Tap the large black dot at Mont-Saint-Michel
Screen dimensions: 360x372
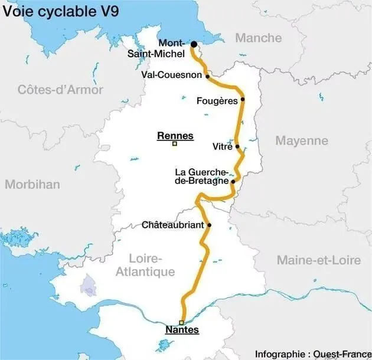(193, 44)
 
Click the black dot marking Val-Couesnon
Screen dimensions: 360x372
(207, 76)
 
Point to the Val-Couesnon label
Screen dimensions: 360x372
(172, 76)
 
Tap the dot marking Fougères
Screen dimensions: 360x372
(243, 100)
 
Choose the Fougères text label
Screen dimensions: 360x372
(217, 100)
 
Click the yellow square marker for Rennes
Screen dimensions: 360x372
(175, 143)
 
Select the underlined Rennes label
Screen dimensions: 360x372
(175, 136)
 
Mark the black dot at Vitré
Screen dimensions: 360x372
(237, 146)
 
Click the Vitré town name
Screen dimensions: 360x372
(222, 146)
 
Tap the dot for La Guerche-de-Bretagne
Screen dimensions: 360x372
(233, 181)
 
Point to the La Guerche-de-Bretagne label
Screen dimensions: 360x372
(201, 176)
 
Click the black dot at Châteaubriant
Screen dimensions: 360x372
(209, 225)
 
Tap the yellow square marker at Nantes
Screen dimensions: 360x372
(182, 322)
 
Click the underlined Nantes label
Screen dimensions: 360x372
(182, 330)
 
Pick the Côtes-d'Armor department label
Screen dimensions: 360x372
(60, 90)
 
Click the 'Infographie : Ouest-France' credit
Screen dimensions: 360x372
(310, 354)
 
